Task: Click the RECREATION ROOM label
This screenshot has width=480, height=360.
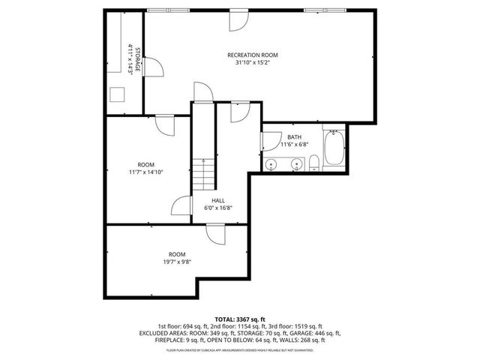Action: point(253,55)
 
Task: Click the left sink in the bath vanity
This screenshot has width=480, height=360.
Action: point(271,164)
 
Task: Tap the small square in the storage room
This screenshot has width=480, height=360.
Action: point(118,94)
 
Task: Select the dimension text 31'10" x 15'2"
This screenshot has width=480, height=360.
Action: point(253,63)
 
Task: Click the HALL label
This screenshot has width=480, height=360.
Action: point(218,200)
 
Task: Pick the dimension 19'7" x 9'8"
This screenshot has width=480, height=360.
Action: point(176,262)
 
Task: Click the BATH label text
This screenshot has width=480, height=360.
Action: point(294,136)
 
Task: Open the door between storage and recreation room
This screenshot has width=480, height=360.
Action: point(152,69)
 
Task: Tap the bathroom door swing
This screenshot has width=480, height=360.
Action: point(268,142)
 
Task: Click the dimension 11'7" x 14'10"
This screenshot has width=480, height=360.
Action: point(145,172)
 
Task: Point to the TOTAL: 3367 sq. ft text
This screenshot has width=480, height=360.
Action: point(240,319)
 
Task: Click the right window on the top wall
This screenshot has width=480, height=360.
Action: point(315,10)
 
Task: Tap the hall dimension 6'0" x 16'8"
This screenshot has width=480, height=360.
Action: point(218,208)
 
